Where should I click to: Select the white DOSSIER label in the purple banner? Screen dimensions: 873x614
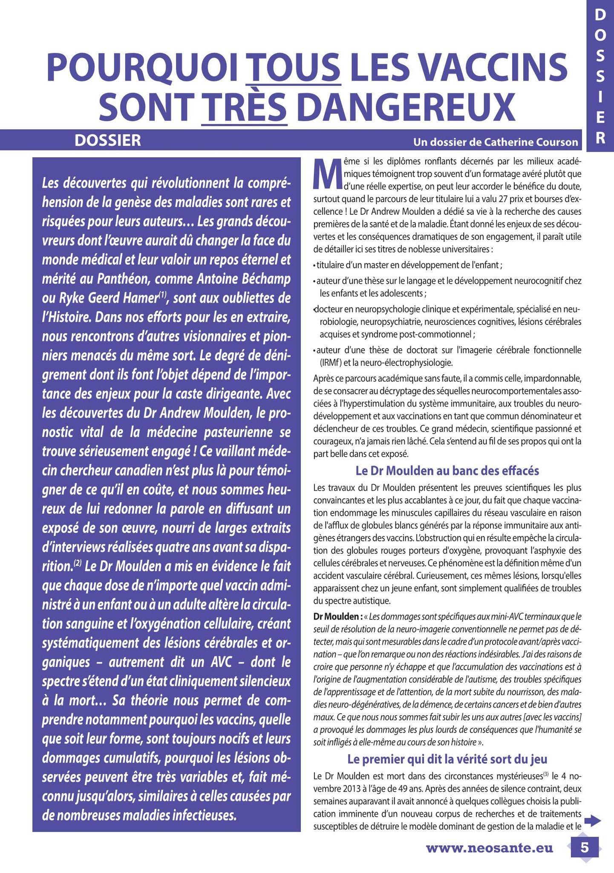click(108, 140)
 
